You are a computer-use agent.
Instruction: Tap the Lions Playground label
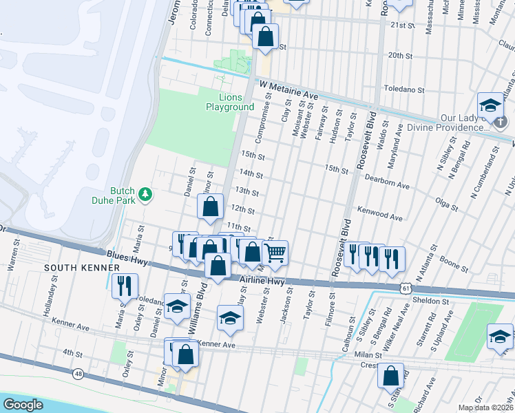(x=230, y=102)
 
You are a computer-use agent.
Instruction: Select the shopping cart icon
(x=275, y=253)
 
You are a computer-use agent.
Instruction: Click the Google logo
(x=23, y=405)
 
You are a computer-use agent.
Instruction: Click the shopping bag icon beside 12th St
(x=210, y=206)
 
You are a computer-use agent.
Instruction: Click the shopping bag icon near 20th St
(x=265, y=35)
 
